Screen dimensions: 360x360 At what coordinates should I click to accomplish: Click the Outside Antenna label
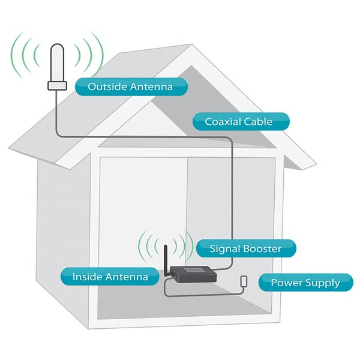(130, 87)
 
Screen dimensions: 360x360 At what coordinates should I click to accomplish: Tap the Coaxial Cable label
(240, 122)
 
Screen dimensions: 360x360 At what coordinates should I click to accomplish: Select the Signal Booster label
(245, 248)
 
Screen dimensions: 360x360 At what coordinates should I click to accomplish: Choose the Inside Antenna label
(110, 277)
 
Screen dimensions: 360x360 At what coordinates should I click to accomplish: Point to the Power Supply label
(305, 283)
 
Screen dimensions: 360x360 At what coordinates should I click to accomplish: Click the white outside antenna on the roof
(57, 63)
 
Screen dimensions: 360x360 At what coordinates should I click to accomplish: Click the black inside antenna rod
(163, 257)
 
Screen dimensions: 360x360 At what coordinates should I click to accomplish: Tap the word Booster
(262, 248)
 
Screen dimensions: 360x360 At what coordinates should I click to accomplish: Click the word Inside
(86, 277)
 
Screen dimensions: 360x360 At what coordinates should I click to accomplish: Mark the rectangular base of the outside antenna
(57, 86)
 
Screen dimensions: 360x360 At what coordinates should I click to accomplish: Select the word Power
(285, 283)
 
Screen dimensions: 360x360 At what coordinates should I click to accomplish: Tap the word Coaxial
(221, 122)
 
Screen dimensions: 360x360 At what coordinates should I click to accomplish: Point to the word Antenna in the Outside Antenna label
(151, 87)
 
